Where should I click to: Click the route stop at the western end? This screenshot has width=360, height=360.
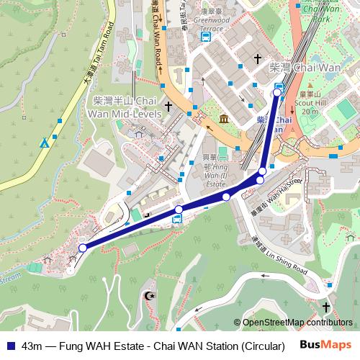pos(83,248)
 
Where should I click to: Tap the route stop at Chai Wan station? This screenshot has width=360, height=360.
pos(277,92)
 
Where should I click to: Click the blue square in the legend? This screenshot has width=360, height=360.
pos(8,345)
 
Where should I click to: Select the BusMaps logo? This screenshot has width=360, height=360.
pos(327,344)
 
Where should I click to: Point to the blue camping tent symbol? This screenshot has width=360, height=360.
pos(45,143)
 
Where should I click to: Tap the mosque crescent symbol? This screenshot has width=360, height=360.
pos(150,296)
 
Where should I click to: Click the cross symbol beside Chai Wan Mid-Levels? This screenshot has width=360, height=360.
pos(168,107)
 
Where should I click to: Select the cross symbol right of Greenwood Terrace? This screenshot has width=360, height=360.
pos(258,59)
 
